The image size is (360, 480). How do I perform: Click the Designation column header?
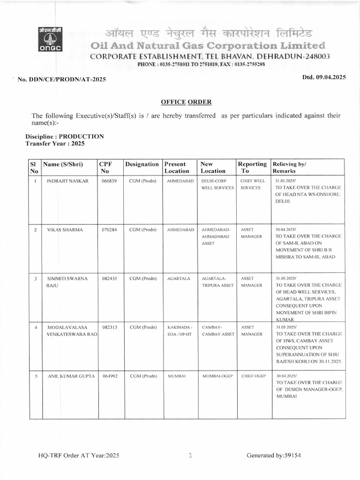click(x=142, y=164)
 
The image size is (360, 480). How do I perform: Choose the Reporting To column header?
click(x=252, y=168)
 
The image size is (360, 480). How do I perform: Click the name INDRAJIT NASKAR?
click(x=67, y=180)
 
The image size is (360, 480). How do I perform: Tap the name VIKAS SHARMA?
click(x=65, y=230)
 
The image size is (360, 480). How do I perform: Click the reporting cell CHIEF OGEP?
click(x=253, y=376)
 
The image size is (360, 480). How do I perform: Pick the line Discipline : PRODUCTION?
click(x=64, y=136)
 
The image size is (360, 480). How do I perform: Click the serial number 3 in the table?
click(x=36, y=279)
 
